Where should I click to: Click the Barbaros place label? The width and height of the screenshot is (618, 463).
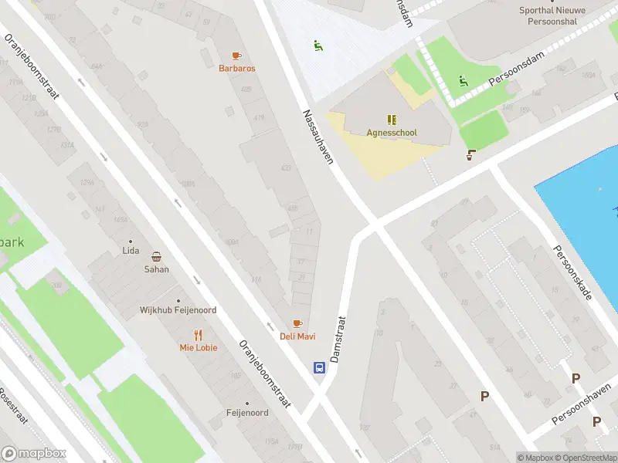[237, 68]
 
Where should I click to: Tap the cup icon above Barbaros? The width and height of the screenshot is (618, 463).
[237, 56]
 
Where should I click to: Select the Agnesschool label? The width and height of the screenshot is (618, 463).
[392, 133]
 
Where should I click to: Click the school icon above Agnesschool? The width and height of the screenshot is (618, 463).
[392, 120]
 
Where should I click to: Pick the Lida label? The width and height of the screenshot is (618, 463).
[130, 251]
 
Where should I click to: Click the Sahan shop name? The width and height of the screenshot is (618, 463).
[156, 269]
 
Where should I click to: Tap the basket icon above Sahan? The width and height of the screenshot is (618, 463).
[156, 257]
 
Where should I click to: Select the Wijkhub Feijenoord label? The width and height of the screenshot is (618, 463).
[178, 310]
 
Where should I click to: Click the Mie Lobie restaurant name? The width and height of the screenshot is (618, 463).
[199, 347]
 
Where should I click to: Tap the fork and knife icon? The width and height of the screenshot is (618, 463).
[199, 335]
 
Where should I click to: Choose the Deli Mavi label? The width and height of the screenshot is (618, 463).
[297, 336]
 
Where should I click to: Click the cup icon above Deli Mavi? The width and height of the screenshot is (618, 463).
[297, 323]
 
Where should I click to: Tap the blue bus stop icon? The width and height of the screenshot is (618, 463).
[319, 367]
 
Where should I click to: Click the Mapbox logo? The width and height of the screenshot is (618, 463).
[34, 454]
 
